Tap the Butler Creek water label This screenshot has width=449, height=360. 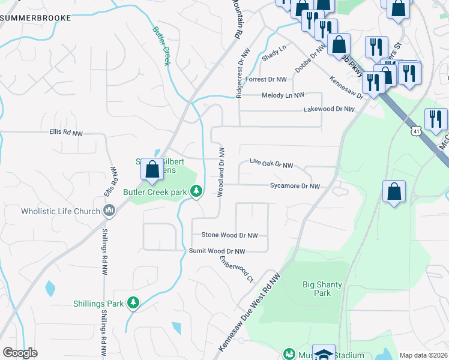[x=161, y=45]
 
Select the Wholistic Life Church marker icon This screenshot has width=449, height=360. [x=109, y=211]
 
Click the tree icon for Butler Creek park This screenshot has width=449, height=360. [x=196, y=191]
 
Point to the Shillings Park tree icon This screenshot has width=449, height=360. [x=133, y=304]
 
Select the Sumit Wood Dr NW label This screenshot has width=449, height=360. [x=217, y=251]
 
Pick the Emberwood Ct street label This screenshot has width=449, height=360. [x=237, y=269]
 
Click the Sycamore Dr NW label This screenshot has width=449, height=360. [x=295, y=187]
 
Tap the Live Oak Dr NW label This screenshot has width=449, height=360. [x=271, y=164]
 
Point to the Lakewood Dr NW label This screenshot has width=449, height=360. [x=329, y=110]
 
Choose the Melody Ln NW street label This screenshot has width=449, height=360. [x=283, y=95]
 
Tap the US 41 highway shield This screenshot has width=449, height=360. [x=415, y=130]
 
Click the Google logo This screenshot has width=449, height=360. [x=19, y=353]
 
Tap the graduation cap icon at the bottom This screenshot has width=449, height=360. [x=324, y=353]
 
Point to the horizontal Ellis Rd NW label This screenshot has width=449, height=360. [x=66, y=132]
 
